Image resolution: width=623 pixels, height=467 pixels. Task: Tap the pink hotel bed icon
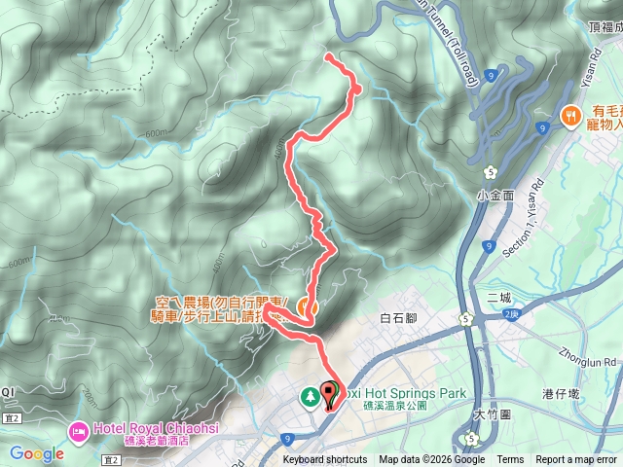point(75,429)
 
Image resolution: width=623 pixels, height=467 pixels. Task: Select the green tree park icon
point(310,396)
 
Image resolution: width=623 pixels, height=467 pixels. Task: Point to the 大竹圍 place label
point(493,414)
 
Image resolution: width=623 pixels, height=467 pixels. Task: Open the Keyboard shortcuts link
point(326,460)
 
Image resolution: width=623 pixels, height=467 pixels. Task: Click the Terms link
point(510,460)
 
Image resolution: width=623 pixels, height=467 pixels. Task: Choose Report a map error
point(577,460)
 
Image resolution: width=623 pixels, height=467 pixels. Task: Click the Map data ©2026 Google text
point(431,460)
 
